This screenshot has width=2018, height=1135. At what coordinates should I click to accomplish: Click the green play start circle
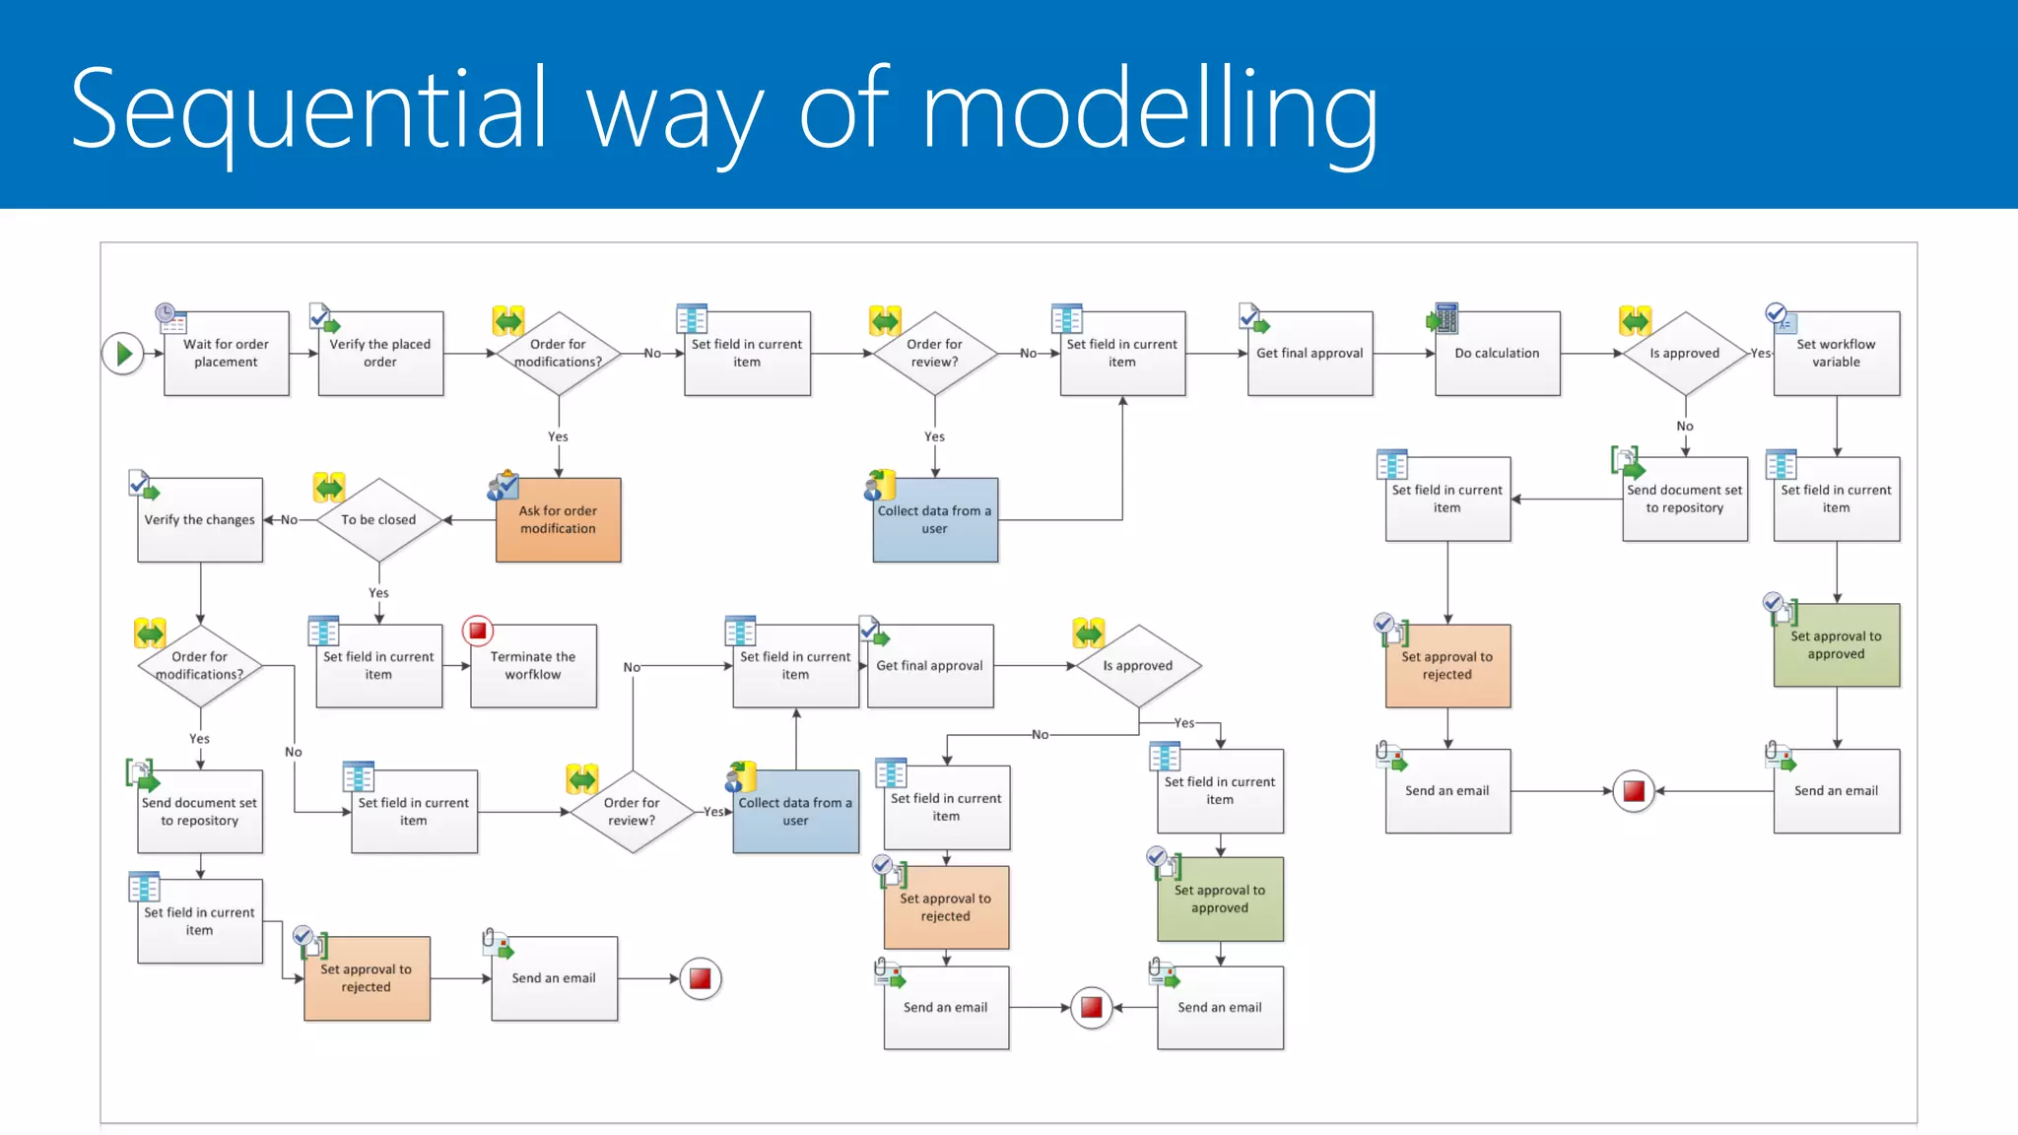click(x=123, y=353)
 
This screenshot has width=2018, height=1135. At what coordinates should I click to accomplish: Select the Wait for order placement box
click(x=226, y=354)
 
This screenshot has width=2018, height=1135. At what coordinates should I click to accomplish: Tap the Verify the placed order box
click(x=380, y=354)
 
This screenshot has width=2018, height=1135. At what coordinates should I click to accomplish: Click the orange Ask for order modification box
click(x=558, y=520)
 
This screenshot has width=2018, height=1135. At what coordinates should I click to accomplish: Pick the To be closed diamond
click(x=378, y=519)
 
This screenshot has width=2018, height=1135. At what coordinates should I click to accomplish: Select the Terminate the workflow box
click(x=533, y=666)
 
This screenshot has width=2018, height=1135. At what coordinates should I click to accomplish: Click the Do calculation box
click(x=1497, y=354)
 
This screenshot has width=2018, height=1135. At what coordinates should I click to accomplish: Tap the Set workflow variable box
click(x=1836, y=354)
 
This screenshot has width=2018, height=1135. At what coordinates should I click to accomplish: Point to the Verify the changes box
click(x=200, y=520)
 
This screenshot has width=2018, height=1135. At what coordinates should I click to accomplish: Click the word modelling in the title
click(x=1149, y=108)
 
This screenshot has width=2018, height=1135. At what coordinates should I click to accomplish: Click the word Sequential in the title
click(x=308, y=108)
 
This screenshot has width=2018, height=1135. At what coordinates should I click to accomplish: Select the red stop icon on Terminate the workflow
click(x=478, y=631)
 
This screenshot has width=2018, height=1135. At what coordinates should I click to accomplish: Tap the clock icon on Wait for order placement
click(x=167, y=314)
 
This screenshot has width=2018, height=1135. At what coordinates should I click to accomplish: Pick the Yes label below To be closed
click(x=378, y=593)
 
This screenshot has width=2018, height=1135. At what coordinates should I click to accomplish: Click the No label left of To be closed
click(x=289, y=520)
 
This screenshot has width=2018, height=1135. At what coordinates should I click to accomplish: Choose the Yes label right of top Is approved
click(x=1760, y=353)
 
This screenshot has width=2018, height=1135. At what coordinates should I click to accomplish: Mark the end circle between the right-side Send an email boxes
click(x=1634, y=791)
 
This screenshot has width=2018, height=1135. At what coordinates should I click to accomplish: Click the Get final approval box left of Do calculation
click(x=1310, y=354)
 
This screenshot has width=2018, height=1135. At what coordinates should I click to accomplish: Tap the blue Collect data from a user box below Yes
click(x=934, y=520)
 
